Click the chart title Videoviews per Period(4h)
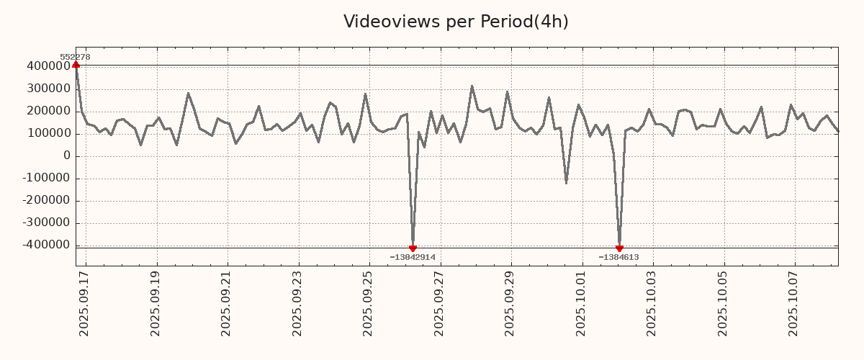click(x=456, y=22)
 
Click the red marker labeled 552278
click(x=76, y=65)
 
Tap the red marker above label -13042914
click(x=413, y=248)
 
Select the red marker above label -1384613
click(x=619, y=248)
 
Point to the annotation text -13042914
click(x=413, y=257)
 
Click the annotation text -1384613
click(x=618, y=257)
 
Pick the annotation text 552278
click(x=75, y=57)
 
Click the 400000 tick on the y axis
click(x=47, y=66)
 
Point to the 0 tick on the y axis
click(x=67, y=156)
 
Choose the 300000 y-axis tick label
click(x=47, y=89)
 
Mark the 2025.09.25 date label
click(x=369, y=303)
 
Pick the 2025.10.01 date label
click(x=582, y=303)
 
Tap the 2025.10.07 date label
click(x=795, y=303)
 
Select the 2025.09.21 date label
click(x=228, y=303)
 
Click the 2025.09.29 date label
click(x=511, y=303)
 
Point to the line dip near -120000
click(x=566, y=182)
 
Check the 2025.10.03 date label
click(x=653, y=303)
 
